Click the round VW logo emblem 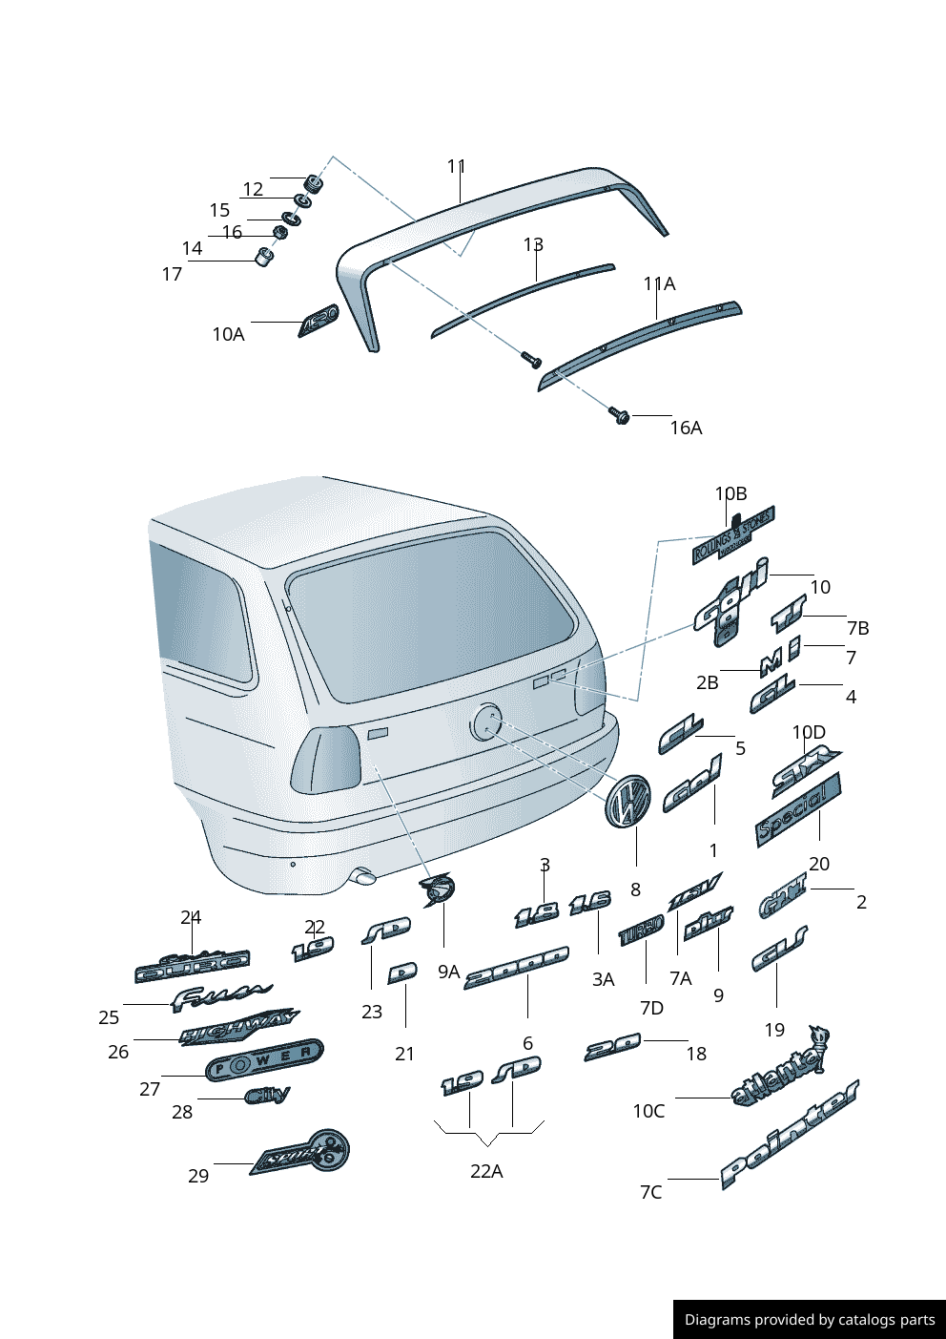click(627, 800)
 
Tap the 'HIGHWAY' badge click(238, 1028)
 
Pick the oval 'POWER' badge click(264, 1059)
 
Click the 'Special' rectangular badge click(797, 809)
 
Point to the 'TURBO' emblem click(641, 931)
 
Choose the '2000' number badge click(516, 967)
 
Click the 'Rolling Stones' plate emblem click(732, 535)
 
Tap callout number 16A click(686, 428)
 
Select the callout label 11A click(659, 283)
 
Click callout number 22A click(486, 1171)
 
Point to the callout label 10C click(648, 1111)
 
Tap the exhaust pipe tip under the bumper click(364, 875)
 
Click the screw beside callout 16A click(620, 415)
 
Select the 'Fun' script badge click(220, 996)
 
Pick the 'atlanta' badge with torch click(777, 1072)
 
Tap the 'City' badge click(267, 1095)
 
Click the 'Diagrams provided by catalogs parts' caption click(810, 1320)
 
